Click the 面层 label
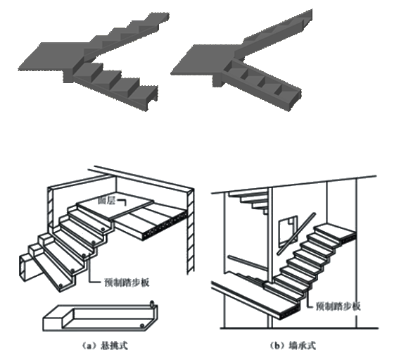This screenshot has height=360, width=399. click(x=107, y=201)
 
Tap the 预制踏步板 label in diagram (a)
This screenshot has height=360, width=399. click(x=127, y=283)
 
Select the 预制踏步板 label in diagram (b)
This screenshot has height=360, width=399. click(x=338, y=306)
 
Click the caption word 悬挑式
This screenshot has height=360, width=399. click(x=114, y=346)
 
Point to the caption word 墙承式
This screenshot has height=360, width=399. click(x=303, y=346)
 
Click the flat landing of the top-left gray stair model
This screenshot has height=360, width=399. click(x=53, y=56)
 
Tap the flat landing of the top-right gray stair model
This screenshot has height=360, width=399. click(x=203, y=60)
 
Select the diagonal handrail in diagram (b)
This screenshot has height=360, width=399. click(x=297, y=234)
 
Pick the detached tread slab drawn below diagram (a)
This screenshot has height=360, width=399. click(x=101, y=317)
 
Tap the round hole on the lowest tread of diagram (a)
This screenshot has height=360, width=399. click(x=61, y=285)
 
